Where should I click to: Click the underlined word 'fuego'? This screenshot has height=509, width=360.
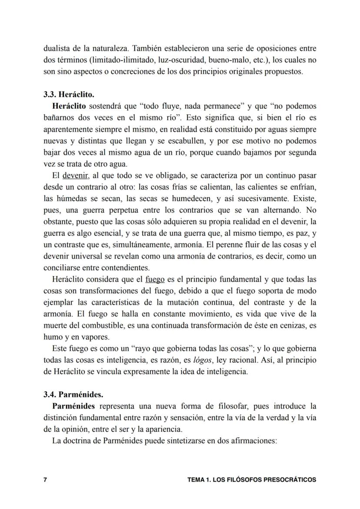click(x=155, y=279)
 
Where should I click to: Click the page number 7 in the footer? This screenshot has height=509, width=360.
click(x=45, y=480)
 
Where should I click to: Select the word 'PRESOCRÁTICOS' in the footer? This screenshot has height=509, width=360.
click(x=290, y=480)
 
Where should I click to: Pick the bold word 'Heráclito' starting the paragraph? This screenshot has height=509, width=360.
click(x=69, y=106)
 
